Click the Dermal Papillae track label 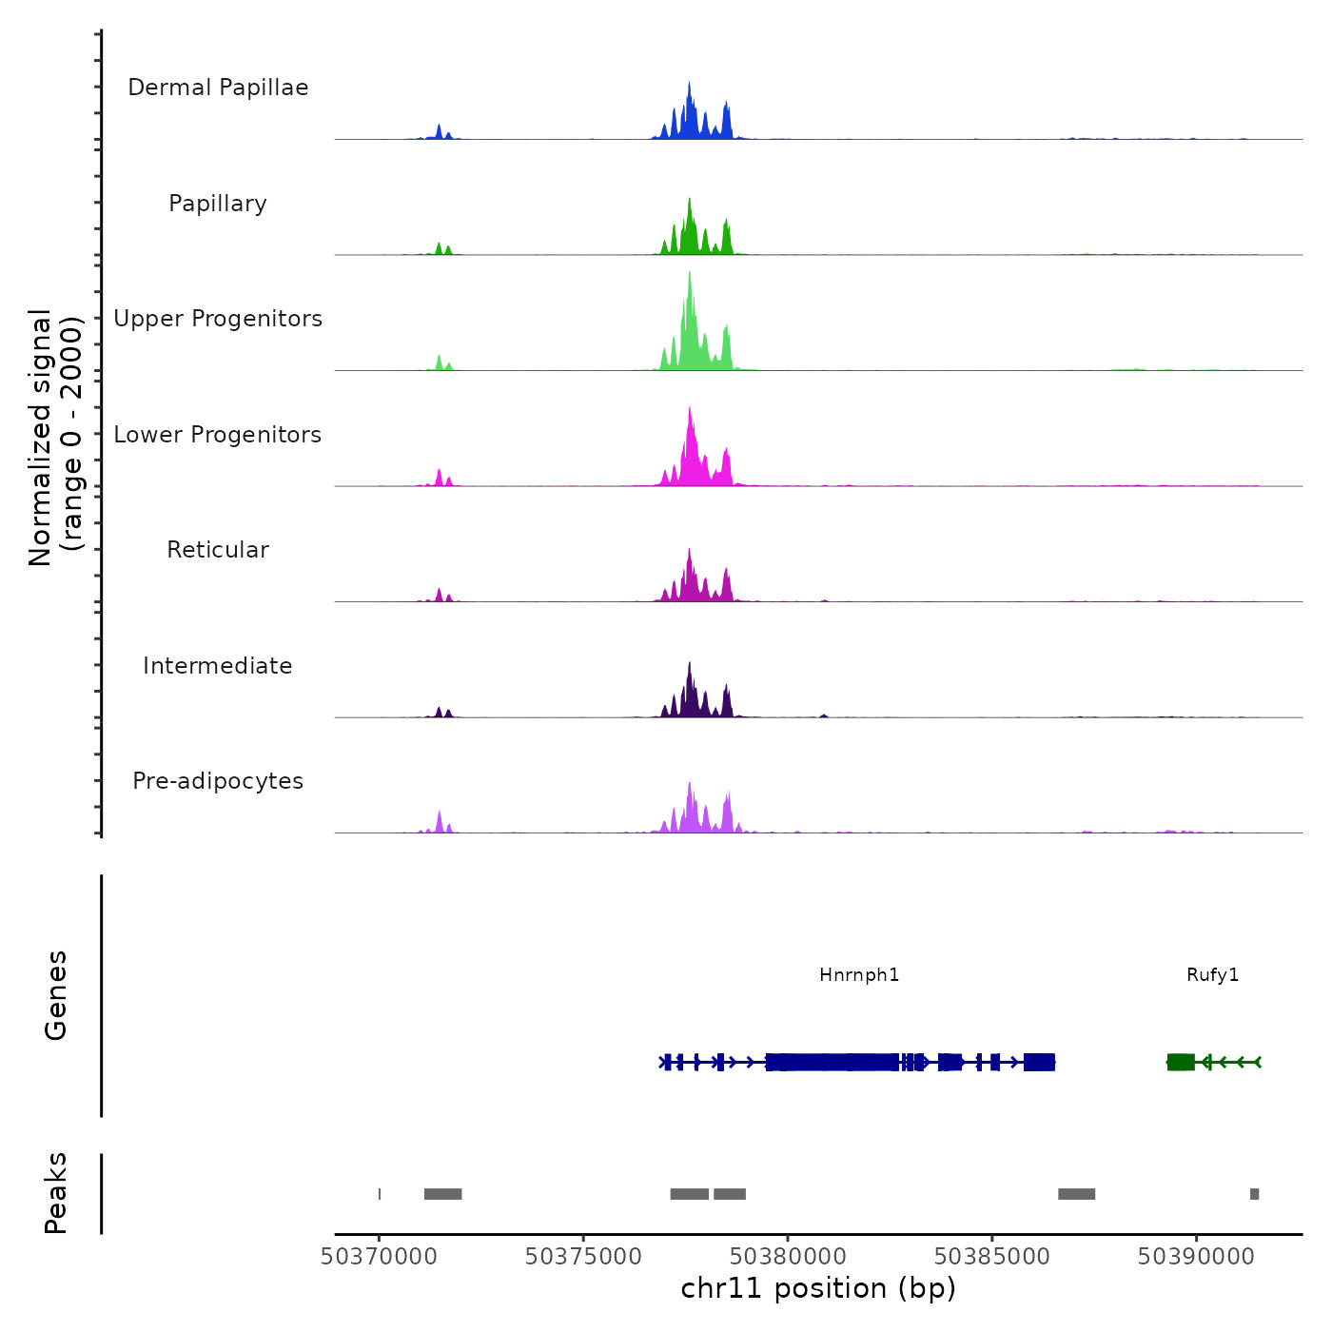point(218,88)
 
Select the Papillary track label point(218,204)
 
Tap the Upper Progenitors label point(218,319)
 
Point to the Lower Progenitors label point(218,435)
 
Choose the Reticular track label point(218,550)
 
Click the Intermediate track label point(218,666)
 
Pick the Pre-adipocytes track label point(218,781)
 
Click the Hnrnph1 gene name point(859,974)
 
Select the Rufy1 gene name point(1212,974)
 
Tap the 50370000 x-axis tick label point(379,1256)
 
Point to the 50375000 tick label point(583,1256)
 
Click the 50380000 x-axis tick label point(788,1256)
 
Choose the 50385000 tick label point(992,1256)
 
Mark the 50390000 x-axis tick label point(1196,1256)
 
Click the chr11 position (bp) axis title point(818,1288)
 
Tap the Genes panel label point(55,995)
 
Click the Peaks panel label point(55,1193)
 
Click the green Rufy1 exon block point(1181,1062)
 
